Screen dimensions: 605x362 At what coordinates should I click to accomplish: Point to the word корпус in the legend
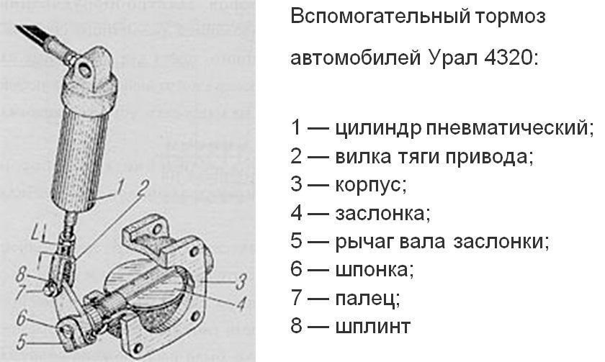tap(370, 184)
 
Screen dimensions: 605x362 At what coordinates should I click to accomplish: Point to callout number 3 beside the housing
tap(242, 280)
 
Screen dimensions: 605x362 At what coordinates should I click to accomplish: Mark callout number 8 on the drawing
tap(22, 273)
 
